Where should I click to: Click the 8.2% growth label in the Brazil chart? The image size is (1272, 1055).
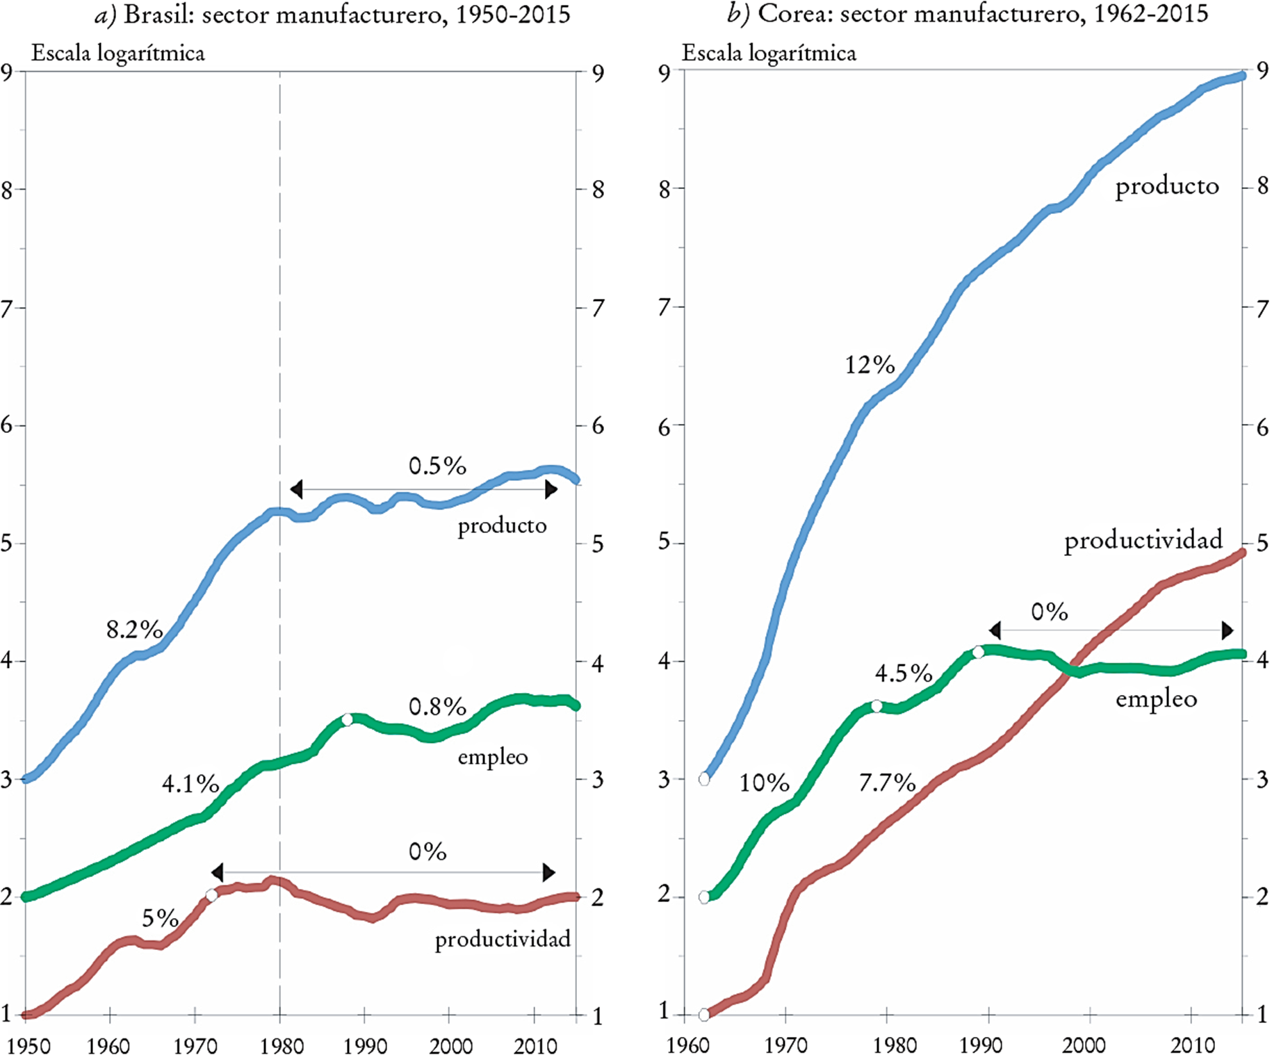(134, 630)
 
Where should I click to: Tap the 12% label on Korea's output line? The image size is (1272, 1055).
(870, 365)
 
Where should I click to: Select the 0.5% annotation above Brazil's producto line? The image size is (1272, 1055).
(437, 466)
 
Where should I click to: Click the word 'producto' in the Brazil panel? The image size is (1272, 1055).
(502, 525)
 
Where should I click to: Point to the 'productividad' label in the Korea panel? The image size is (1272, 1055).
(1143, 541)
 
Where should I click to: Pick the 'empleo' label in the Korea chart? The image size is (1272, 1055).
(1156, 698)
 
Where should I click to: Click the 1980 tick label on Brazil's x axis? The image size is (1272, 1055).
(282, 1045)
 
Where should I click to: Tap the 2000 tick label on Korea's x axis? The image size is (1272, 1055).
(1084, 1045)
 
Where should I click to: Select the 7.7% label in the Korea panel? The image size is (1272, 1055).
(887, 783)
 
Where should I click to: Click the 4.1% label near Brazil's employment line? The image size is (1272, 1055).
(190, 784)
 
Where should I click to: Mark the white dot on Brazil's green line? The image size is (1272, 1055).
(348, 719)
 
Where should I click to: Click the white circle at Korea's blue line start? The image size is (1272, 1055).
(704, 780)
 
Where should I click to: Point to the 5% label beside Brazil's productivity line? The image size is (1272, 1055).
(160, 918)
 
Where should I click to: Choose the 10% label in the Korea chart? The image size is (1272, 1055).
(764, 783)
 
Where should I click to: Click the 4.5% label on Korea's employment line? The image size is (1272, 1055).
(904, 673)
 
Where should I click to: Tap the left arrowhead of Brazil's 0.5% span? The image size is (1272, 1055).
(297, 489)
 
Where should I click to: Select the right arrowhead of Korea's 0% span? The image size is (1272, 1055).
(1228, 630)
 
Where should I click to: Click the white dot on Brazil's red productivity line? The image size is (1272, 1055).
(212, 895)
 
